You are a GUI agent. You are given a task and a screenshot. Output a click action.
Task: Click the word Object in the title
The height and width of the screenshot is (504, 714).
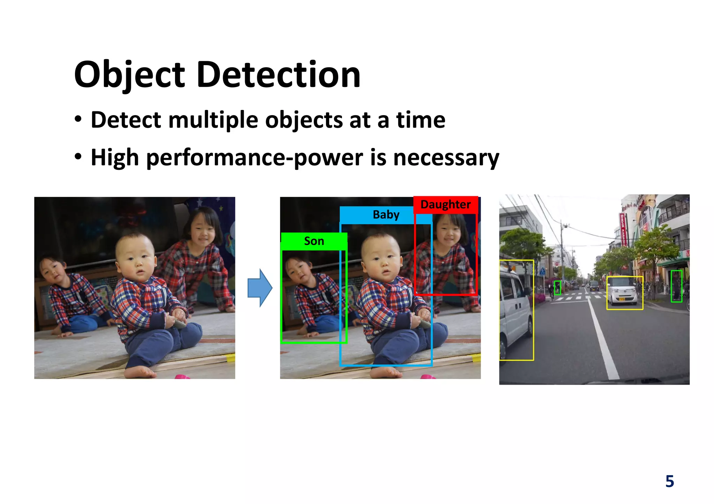pyautogui.click(x=129, y=75)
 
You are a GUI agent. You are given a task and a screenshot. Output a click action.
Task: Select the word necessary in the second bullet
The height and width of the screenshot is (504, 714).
pyautogui.click(x=446, y=158)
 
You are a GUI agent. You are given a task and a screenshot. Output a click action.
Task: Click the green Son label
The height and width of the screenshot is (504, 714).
pyautogui.click(x=314, y=241)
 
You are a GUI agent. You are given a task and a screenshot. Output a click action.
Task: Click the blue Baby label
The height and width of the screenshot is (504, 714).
pyautogui.click(x=386, y=215)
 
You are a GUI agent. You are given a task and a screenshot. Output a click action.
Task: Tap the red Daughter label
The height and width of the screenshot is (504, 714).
pyautogui.click(x=445, y=205)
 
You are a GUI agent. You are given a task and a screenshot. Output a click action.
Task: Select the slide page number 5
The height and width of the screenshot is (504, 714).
pyautogui.click(x=669, y=481)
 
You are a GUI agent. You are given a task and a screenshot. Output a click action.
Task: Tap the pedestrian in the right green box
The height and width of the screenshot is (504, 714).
pyautogui.click(x=676, y=286)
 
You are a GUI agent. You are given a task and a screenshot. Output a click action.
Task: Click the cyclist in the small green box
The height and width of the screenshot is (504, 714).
pyautogui.click(x=557, y=288)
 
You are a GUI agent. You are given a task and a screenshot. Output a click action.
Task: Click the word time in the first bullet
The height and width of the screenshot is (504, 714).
pyautogui.click(x=420, y=120)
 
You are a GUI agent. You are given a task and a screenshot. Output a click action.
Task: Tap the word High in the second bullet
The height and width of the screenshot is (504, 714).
pyautogui.click(x=115, y=158)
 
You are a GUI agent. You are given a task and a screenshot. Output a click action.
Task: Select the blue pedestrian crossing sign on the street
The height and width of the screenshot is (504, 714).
pyautogui.click(x=542, y=271)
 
